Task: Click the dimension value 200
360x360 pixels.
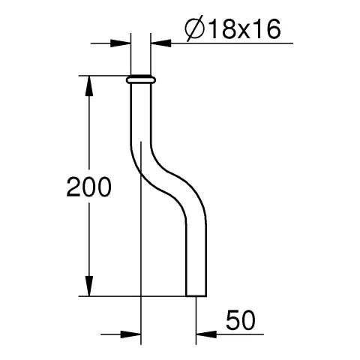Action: [x=88, y=187]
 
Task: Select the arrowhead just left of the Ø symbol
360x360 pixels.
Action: [x=160, y=43]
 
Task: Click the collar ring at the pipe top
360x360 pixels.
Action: [x=142, y=79]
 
